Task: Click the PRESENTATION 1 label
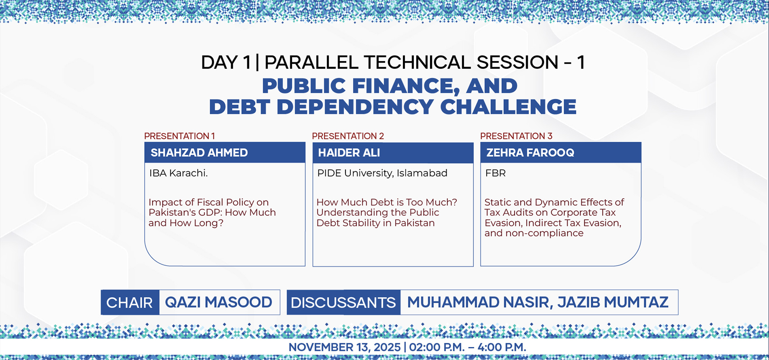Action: [179, 136]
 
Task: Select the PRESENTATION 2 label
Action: [348, 136]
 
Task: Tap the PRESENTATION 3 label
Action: [516, 136]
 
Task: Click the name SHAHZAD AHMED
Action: [199, 153]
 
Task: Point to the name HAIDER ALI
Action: [349, 153]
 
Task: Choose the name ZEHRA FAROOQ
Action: [530, 153]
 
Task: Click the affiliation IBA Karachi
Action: [178, 173]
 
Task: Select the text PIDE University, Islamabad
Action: [382, 173]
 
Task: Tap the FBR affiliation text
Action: [495, 173]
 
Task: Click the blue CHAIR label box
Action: [130, 302]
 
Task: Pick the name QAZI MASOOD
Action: [219, 302]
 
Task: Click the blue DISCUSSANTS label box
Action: [343, 302]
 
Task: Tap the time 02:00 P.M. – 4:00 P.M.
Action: [468, 347]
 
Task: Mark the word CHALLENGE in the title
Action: [508, 107]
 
